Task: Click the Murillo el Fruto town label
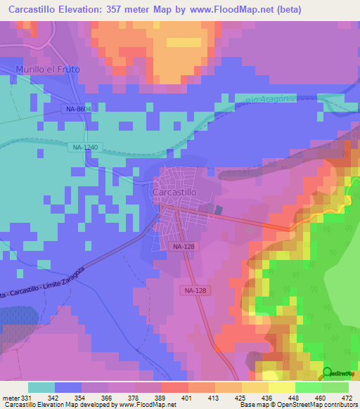click(48, 70)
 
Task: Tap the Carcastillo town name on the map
click(179, 192)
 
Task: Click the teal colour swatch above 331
click(41, 387)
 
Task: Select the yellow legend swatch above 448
click(281, 387)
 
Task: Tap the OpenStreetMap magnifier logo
click(327, 372)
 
